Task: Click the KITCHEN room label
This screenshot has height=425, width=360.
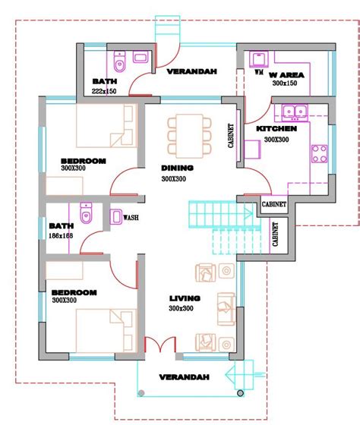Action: coord(276,129)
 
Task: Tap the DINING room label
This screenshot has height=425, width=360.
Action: coord(178,168)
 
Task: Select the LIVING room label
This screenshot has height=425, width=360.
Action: coord(185,298)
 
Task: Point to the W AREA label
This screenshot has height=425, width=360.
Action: coord(286,75)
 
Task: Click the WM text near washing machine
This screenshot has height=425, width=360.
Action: coord(259,72)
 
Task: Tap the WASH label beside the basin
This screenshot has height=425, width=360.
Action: coord(131,217)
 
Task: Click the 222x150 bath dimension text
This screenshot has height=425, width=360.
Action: coord(104,91)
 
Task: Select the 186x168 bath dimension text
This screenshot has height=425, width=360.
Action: coord(61,236)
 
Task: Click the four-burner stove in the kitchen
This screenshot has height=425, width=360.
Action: coord(319,153)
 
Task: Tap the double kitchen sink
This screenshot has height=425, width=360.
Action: coord(295,112)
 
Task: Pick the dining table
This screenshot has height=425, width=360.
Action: coord(189,136)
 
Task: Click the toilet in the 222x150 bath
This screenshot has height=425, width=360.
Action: coord(119,61)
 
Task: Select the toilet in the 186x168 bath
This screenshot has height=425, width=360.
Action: coord(87,213)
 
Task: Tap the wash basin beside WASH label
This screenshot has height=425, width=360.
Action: coord(116,216)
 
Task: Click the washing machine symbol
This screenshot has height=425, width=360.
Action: coord(259,59)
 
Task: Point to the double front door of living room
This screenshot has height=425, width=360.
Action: coord(160,345)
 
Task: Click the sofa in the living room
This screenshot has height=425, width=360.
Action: coord(226,309)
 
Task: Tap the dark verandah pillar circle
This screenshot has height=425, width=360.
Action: coord(240,393)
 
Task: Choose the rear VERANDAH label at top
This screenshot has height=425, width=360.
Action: coord(192,71)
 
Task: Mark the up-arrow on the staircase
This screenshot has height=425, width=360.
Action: coord(249,213)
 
